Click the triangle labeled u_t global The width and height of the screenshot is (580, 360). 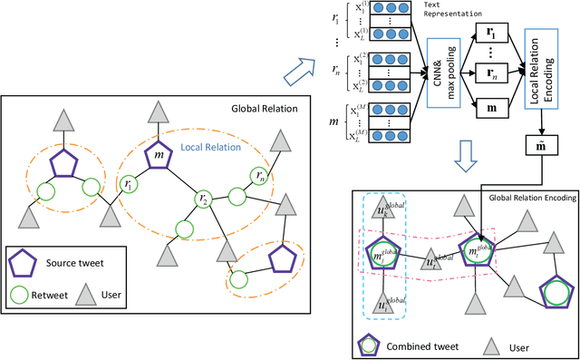click(x=433, y=260)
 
